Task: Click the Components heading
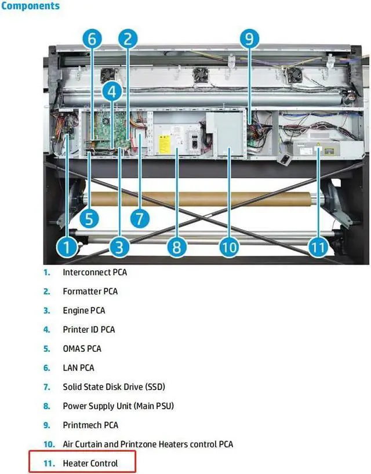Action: click(x=30, y=6)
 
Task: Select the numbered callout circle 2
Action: click(x=128, y=39)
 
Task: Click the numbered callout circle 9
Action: click(x=248, y=39)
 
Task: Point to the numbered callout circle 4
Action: click(x=112, y=91)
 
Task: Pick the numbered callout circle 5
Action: click(x=89, y=219)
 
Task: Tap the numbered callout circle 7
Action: click(x=139, y=219)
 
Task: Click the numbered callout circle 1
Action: click(x=67, y=248)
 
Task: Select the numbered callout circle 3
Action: click(x=119, y=248)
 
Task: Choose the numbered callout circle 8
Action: click(x=176, y=248)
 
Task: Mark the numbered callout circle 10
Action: click(x=230, y=248)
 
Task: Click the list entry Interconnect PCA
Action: click(x=94, y=272)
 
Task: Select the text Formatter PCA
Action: click(x=90, y=291)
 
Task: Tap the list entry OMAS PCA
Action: click(x=82, y=348)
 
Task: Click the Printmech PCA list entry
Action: click(x=90, y=425)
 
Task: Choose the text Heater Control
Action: click(x=90, y=463)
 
